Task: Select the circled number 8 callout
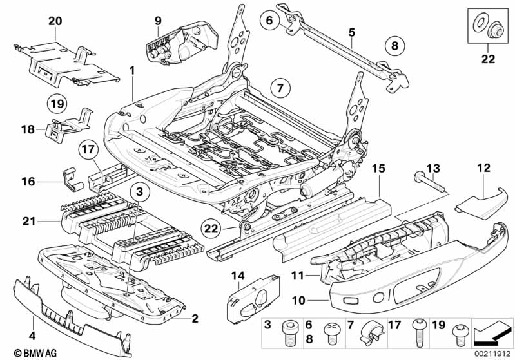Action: point(394,46)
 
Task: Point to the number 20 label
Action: point(55,20)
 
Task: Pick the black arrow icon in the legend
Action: point(492,334)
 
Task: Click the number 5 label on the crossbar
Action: point(351,31)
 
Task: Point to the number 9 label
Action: point(158,21)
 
